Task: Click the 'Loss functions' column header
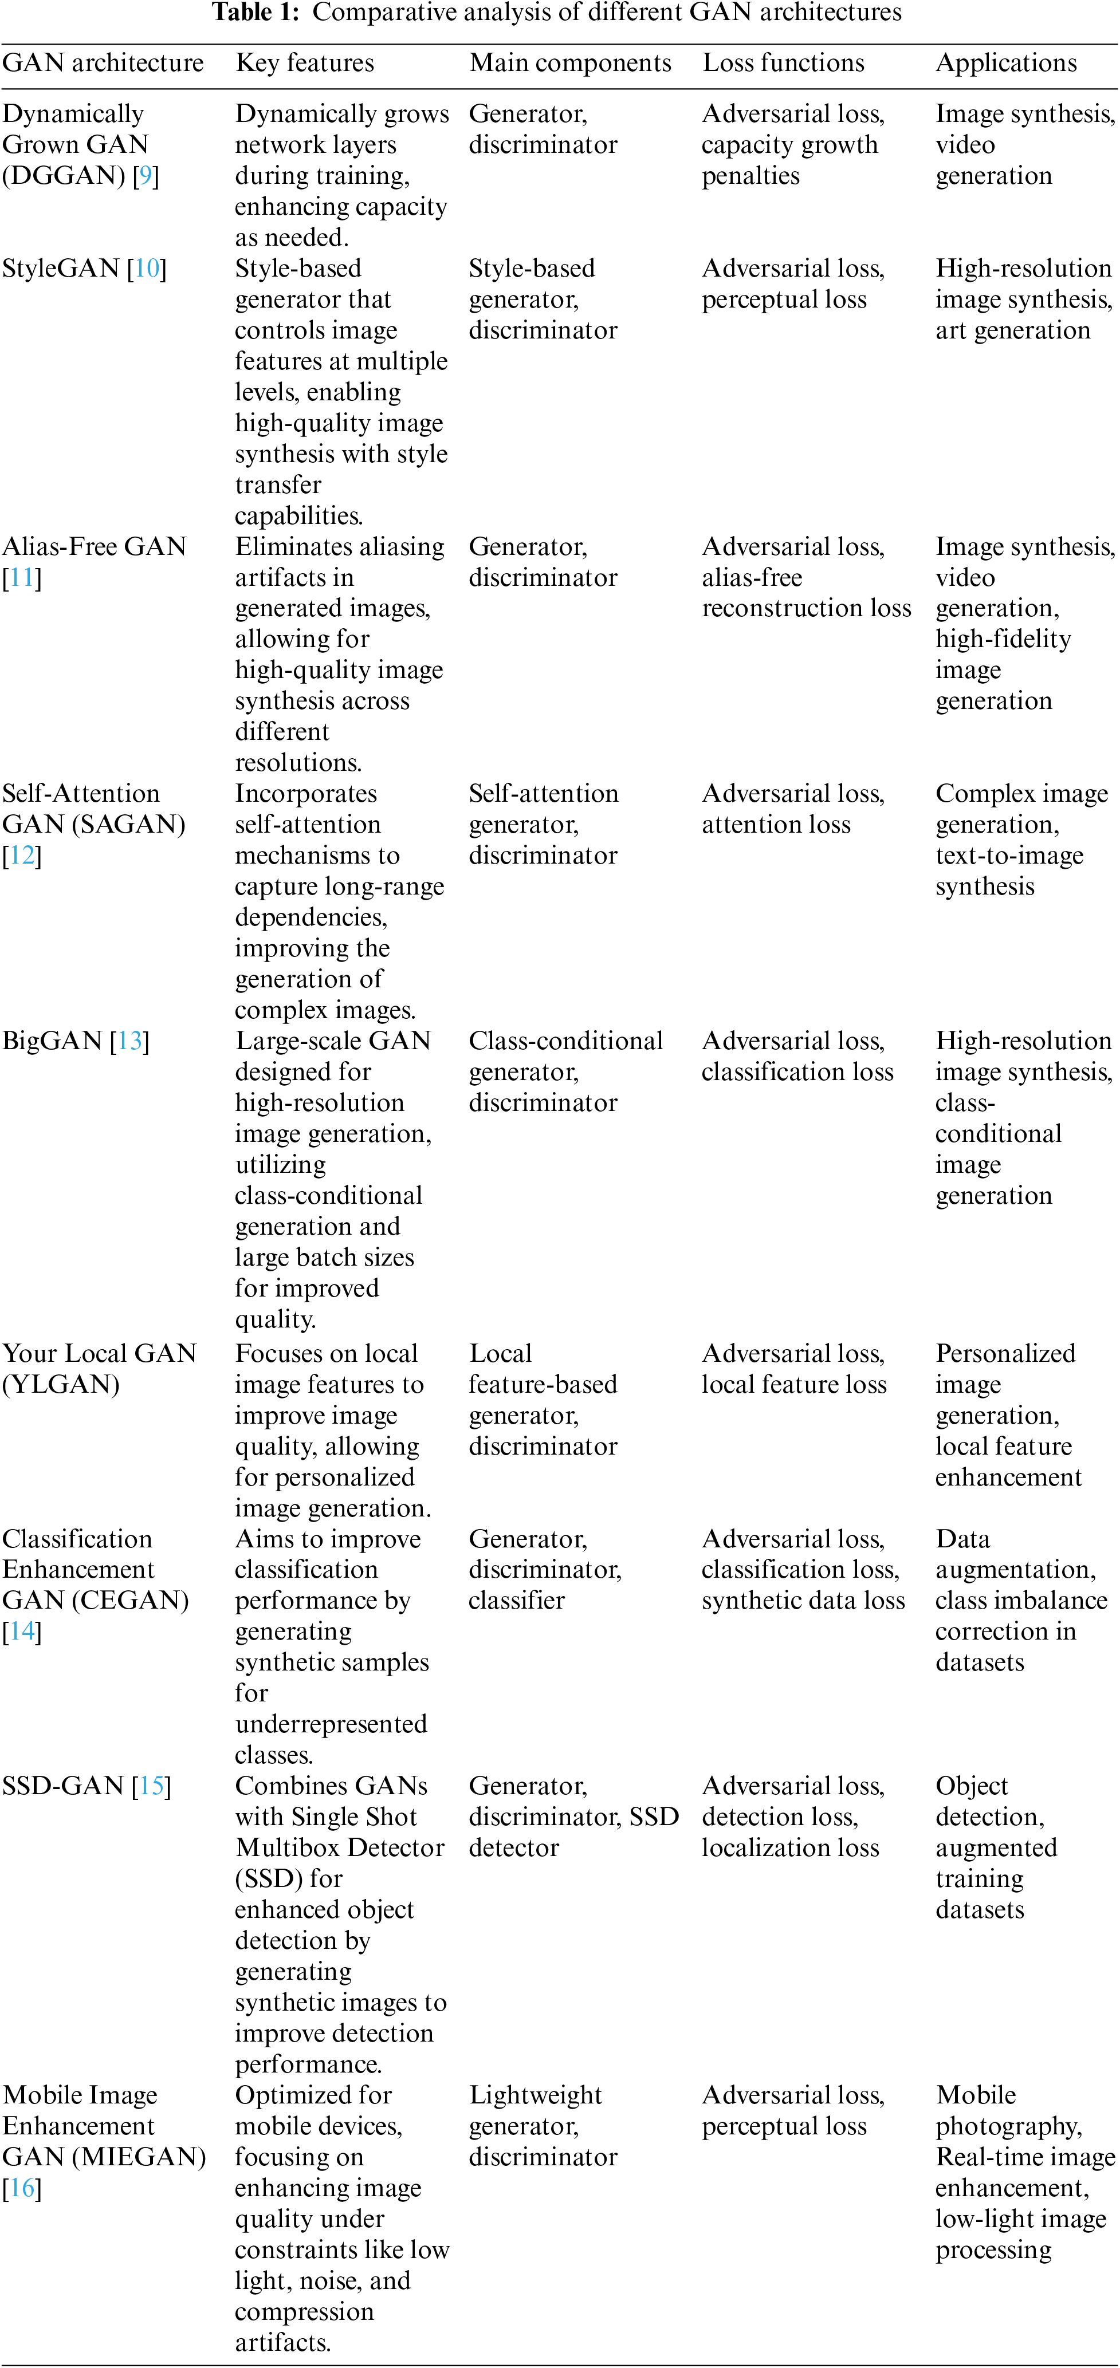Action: (x=784, y=62)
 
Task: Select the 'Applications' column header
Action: (x=1006, y=62)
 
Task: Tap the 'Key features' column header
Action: (x=304, y=62)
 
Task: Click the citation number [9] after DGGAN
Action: (x=146, y=176)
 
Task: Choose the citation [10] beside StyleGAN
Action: (x=147, y=269)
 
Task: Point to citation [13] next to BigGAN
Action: (x=129, y=1041)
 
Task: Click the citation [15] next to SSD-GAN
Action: (x=152, y=1785)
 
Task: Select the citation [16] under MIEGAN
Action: (x=22, y=2188)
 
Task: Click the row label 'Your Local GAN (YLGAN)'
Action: (x=99, y=1369)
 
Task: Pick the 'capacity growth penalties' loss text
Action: (x=789, y=160)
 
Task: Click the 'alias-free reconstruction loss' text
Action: (x=805, y=593)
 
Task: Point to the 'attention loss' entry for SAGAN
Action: (x=776, y=825)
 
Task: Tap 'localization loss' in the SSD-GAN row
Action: (x=790, y=1847)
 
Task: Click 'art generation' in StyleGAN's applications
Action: (x=1012, y=330)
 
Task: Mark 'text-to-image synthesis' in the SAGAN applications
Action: (x=1009, y=870)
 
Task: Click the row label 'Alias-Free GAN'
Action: (x=94, y=547)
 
